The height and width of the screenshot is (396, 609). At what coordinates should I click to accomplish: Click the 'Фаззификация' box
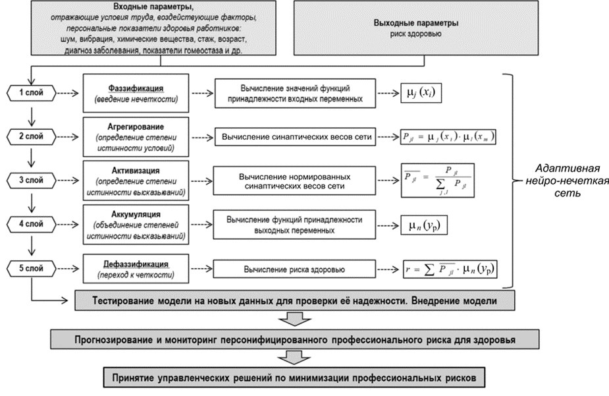(136, 93)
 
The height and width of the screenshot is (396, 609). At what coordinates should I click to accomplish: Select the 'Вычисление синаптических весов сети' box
(294, 137)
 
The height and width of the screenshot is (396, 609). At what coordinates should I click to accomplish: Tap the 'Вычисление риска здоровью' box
(294, 269)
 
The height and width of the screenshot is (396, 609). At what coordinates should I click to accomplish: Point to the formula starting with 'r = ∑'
(450, 269)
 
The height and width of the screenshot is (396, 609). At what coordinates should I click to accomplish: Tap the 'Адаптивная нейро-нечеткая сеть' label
(569, 181)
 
